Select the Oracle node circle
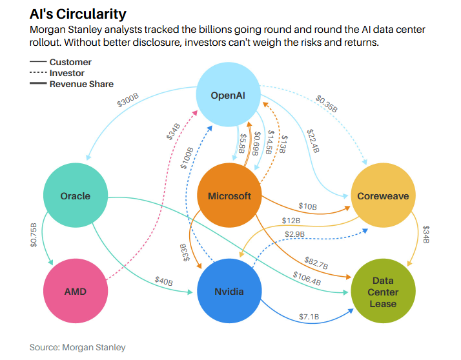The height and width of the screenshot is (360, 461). coord(76,195)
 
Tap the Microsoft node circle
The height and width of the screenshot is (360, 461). coord(229,195)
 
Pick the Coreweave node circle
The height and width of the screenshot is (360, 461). coord(383,195)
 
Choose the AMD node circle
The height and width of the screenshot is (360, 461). coord(76,292)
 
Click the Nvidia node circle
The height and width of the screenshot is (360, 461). coord(229,292)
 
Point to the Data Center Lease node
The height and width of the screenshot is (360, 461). coord(384,292)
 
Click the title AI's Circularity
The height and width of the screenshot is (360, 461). coord(77,14)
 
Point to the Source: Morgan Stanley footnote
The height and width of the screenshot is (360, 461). coord(77,347)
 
